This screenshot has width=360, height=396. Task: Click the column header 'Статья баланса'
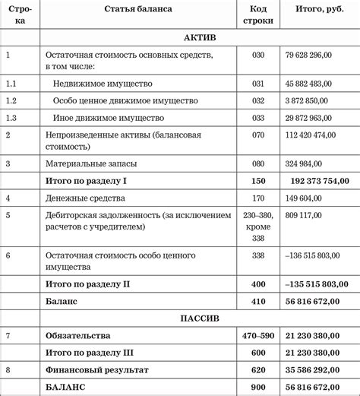coord(138,10)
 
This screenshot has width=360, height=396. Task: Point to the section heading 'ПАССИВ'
coord(201,317)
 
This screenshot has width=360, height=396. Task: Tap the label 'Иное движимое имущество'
coord(108,118)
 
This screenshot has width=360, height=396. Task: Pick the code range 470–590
coord(258,335)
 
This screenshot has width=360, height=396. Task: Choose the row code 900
coord(258,388)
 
